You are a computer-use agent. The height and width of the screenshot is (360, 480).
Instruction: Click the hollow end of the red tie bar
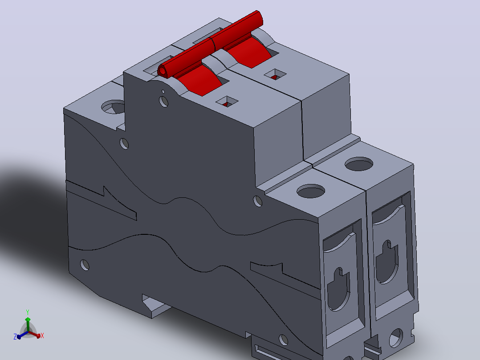[x=162, y=71]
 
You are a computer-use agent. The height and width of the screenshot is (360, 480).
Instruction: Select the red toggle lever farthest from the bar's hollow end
[x=248, y=52]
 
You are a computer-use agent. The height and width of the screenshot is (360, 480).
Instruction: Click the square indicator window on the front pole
[x=227, y=102]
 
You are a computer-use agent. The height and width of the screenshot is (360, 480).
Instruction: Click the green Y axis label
[x=28, y=312]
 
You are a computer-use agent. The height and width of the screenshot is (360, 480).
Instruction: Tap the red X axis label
[x=42, y=336]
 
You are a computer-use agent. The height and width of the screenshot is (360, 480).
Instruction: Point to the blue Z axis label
[x=15, y=337]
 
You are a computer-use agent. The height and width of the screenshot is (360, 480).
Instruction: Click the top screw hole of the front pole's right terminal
[x=311, y=191]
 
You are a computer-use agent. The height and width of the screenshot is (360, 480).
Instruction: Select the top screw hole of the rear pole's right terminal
[x=359, y=164]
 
